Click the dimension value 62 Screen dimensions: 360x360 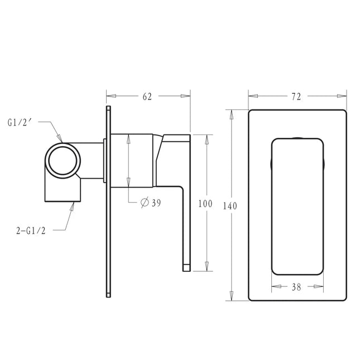coord(147,97)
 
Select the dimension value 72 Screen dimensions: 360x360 coord(296,97)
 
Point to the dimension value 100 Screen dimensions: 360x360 coord(205,204)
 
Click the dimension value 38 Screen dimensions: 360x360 coord(296,288)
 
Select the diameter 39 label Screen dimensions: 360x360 coord(151,203)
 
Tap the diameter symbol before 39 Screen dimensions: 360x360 coord(145,203)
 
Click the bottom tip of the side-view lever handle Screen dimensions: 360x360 coord(187,269)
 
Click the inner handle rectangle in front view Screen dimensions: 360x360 coord(297,205)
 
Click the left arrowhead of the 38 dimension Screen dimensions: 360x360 coord(274,288)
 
